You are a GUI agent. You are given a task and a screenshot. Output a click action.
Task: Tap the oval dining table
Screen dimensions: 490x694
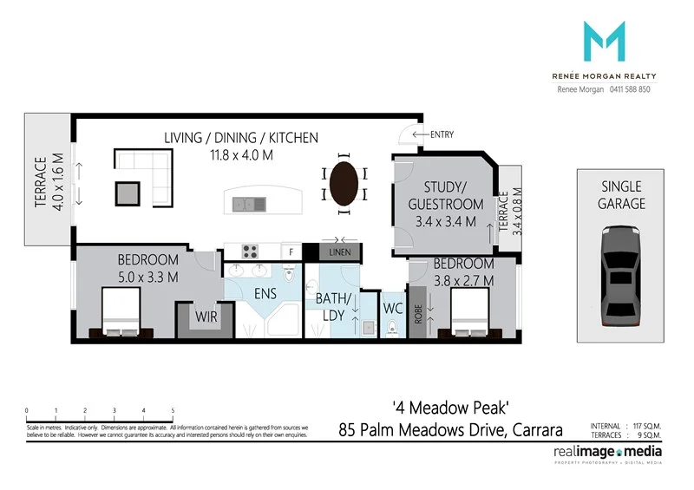344,182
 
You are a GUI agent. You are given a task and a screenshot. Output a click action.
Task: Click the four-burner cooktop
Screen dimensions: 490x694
252,252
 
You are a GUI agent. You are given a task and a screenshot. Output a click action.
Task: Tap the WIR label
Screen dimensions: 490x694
205,317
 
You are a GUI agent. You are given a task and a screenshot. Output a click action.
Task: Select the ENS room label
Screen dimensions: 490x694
265,294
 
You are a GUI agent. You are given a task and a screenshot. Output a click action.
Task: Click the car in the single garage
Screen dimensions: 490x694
620,273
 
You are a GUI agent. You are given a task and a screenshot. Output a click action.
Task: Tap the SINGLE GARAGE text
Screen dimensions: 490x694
620,195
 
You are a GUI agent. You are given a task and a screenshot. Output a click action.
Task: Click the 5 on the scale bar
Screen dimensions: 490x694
173,410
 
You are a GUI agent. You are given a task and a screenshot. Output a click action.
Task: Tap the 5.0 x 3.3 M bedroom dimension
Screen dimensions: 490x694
147,277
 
